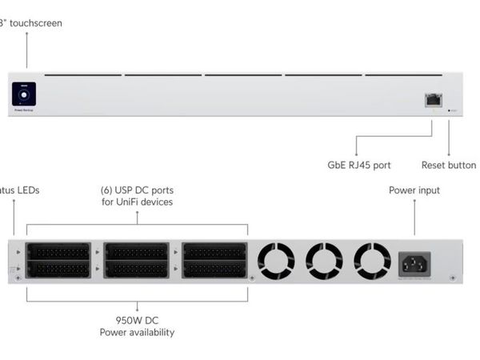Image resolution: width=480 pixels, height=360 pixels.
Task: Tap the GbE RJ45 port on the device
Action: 433,99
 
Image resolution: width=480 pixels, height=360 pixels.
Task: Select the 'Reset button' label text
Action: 448,165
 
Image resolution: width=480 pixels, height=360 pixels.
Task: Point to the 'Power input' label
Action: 414,190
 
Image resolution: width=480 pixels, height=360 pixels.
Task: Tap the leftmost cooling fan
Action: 276,261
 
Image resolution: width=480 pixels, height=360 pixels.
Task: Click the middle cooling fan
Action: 324,261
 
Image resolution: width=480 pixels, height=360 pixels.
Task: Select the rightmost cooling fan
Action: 372,261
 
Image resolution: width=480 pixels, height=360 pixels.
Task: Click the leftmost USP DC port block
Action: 58,260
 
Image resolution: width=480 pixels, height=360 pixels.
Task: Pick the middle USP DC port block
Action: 136,260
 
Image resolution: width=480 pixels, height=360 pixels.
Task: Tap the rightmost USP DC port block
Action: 214,260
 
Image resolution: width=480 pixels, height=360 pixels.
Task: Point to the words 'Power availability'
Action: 137,332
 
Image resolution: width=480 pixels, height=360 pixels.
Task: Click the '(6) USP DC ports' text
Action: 137,190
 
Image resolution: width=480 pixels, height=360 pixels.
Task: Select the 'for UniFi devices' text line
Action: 137,202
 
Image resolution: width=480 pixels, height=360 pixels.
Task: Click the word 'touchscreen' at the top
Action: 35,23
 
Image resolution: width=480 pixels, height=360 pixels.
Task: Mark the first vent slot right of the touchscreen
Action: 83,75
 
